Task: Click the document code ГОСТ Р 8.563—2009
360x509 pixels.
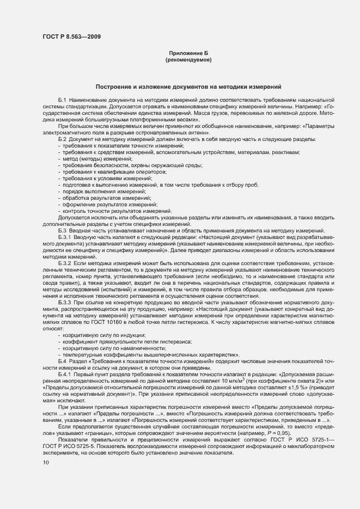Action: click(71, 37)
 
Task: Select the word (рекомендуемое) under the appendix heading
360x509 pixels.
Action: click(188, 60)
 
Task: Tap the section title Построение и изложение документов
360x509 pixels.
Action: click(188, 87)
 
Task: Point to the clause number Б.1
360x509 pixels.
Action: click(62, 101)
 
